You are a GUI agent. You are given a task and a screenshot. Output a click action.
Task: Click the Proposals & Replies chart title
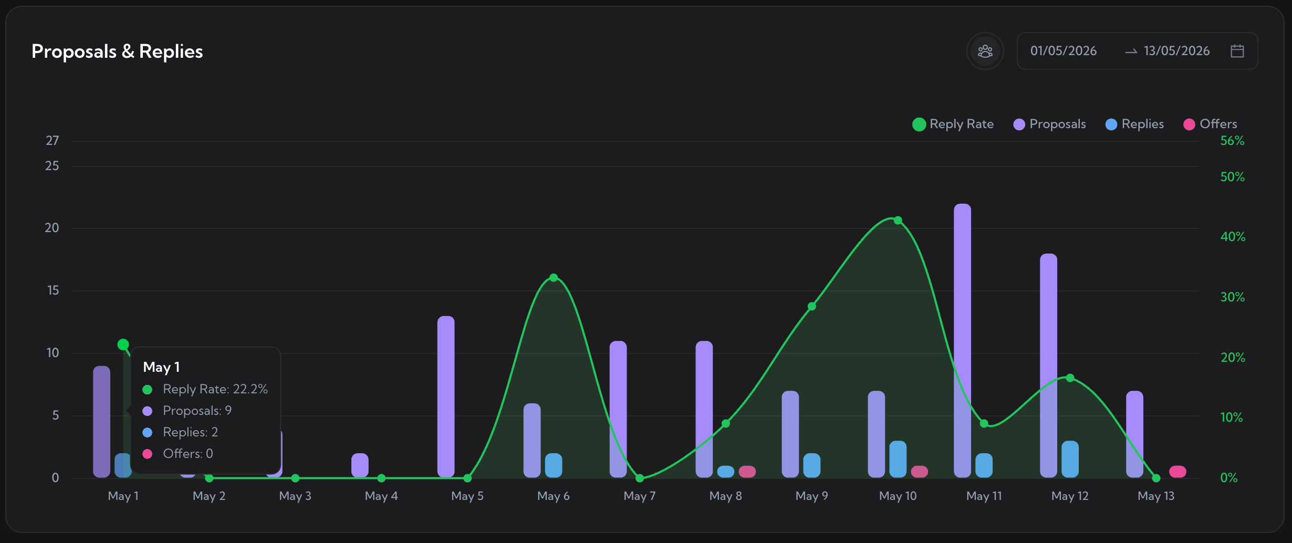[117, 51]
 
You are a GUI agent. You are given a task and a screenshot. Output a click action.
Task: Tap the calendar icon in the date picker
[1237, 51]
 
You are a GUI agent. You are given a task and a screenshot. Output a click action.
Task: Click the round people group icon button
[985, 51]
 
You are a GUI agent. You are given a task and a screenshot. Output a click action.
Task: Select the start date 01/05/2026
[1064, 51]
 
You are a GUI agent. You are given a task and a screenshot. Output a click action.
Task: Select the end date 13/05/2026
[1177, 51]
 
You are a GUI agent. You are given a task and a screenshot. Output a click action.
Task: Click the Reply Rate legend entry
[953, 124]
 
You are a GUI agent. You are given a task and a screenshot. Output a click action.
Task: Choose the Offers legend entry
[1211, 124]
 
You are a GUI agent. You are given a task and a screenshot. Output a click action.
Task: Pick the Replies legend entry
[1135, 124]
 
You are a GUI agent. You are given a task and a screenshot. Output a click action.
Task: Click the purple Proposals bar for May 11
[963, 340]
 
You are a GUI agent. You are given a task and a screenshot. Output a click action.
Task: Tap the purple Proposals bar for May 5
[446, 396]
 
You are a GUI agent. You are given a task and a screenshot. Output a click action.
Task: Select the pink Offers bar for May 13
[1178, 472]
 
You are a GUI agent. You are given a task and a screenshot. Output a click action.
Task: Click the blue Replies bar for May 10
[898, 459]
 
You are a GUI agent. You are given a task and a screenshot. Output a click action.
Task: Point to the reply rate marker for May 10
[898, 220]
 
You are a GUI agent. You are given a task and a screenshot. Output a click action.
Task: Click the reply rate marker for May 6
[554, 277]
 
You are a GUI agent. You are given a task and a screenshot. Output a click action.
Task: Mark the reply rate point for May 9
[812, 306]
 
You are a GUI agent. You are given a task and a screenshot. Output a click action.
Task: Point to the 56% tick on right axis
[1232, 141]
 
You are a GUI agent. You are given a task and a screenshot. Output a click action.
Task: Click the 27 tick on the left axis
[52, 141]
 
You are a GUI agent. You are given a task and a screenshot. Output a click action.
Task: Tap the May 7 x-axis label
[640, 496]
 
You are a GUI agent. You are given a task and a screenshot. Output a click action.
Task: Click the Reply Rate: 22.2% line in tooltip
[205, 389]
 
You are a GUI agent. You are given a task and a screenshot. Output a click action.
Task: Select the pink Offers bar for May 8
[747, 472]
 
